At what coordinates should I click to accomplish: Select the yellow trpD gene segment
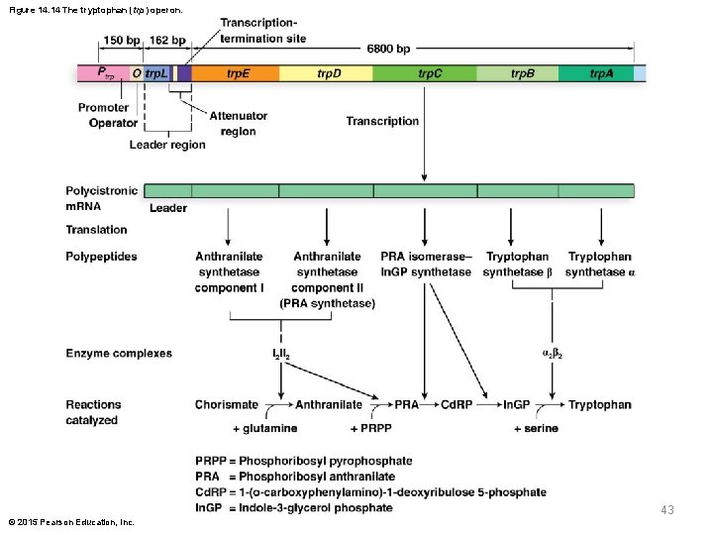point(326,73)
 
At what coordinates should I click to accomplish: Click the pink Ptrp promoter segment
point(104,73)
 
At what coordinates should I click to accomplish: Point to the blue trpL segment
point(155,73)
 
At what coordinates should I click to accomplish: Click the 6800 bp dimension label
point(389,47)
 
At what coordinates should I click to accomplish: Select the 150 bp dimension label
point(121,41)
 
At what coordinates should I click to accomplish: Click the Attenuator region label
point(238,124)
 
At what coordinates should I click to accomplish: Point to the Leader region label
point(167,145)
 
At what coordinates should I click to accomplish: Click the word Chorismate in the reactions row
point(227,404)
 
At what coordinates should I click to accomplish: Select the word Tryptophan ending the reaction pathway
point(599,404)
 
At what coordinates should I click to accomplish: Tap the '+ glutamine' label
point(264,428)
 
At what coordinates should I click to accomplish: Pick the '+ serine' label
point(536,428)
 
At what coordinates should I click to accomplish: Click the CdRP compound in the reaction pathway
point(456,404)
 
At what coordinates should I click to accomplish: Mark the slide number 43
point(666,509)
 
